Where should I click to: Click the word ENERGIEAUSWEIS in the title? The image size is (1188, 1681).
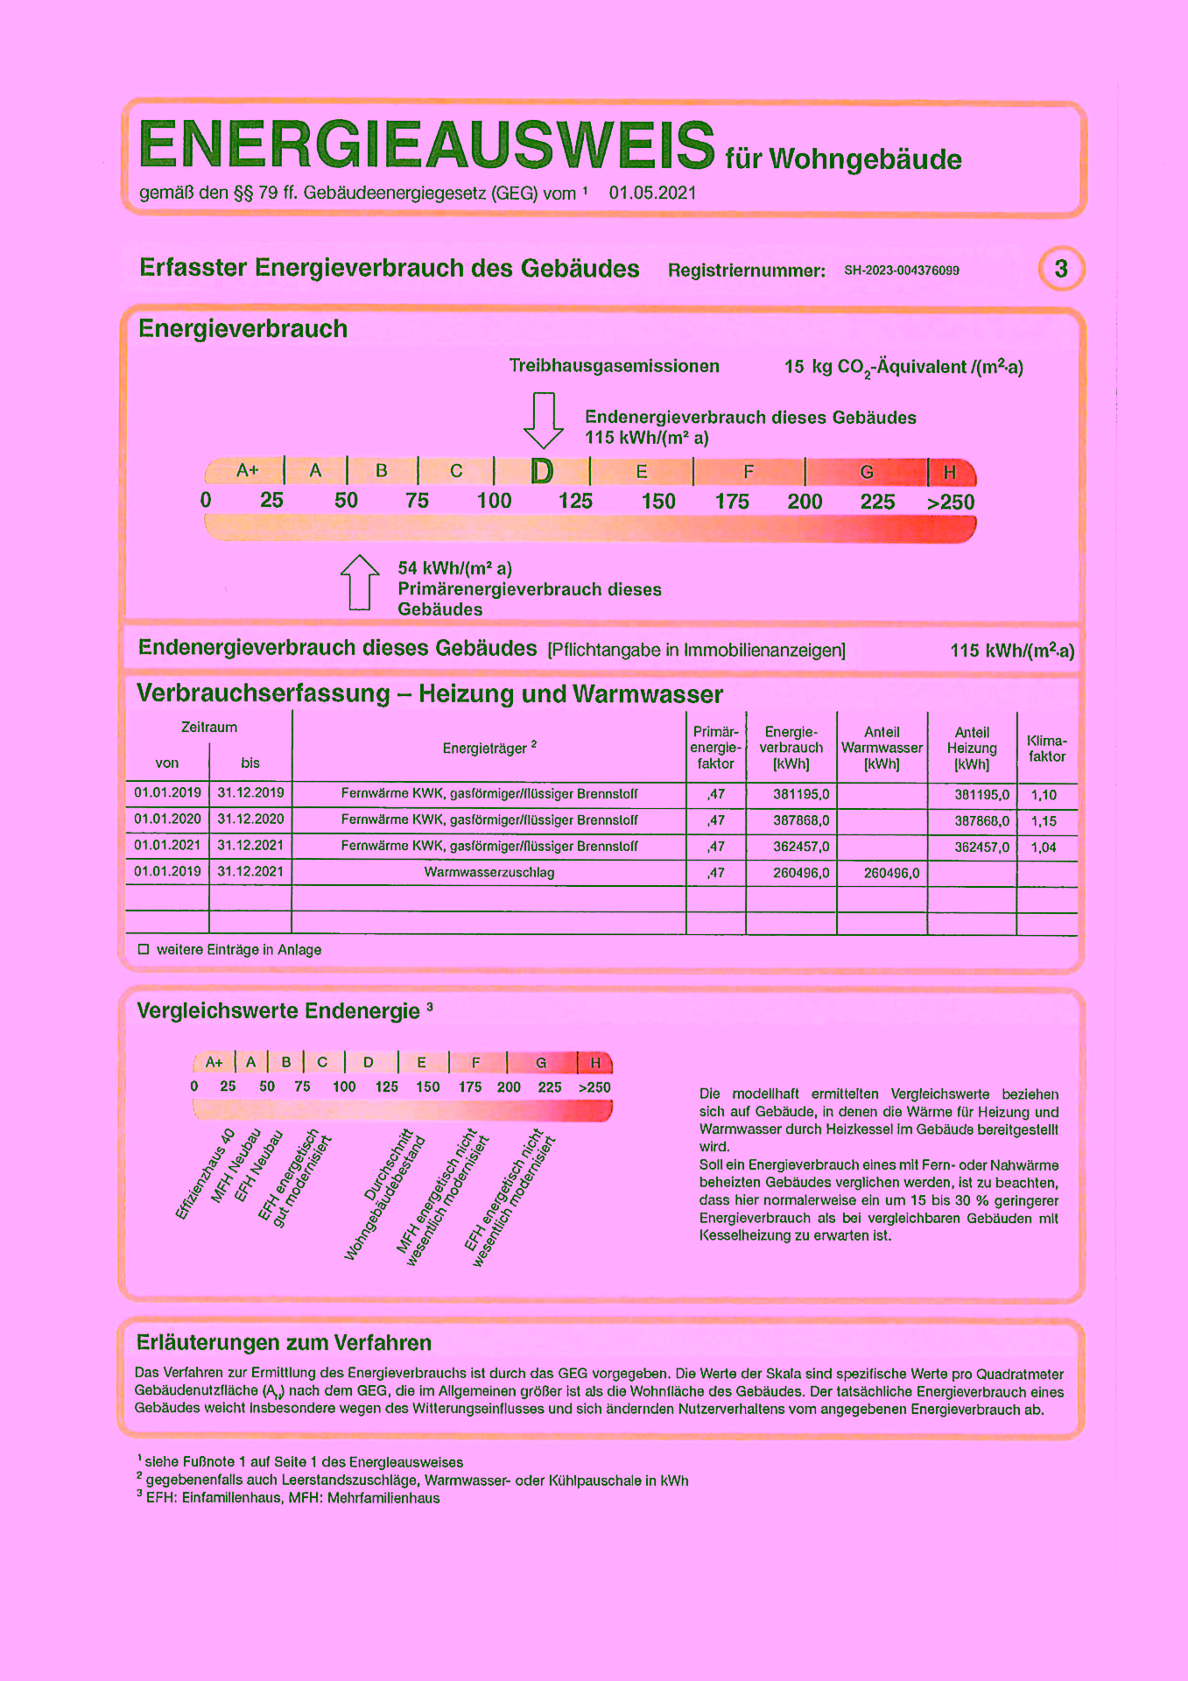coord(427,144)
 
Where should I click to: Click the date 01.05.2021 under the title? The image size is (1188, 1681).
coord(653,193)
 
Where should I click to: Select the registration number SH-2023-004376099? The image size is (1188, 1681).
coord(902,271)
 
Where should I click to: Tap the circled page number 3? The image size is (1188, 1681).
coord(1061,269)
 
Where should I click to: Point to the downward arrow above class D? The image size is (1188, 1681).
coord(544,420)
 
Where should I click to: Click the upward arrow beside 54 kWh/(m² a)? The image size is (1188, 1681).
coord(359,582)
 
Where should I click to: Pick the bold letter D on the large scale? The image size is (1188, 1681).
coord(543,472)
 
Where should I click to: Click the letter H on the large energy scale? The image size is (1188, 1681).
coord(950,473)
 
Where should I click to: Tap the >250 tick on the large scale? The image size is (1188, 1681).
coord(951,503)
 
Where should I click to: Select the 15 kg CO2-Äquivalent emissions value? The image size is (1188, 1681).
coord(903,368)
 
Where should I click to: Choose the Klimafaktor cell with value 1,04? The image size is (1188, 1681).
coord(1044,848)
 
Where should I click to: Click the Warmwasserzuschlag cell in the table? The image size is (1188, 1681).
coord(489,873)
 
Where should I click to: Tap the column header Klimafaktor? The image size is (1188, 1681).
coord(1047,749)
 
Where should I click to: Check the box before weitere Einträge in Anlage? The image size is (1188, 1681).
coord(144,949)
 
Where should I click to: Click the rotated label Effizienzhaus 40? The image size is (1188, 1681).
coord(206,1174)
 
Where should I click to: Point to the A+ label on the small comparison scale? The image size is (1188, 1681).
coord(214,1063)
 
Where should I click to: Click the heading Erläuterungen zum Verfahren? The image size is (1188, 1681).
coord(284,1343)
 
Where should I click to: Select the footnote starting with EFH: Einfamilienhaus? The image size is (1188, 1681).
coord(288,1498)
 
